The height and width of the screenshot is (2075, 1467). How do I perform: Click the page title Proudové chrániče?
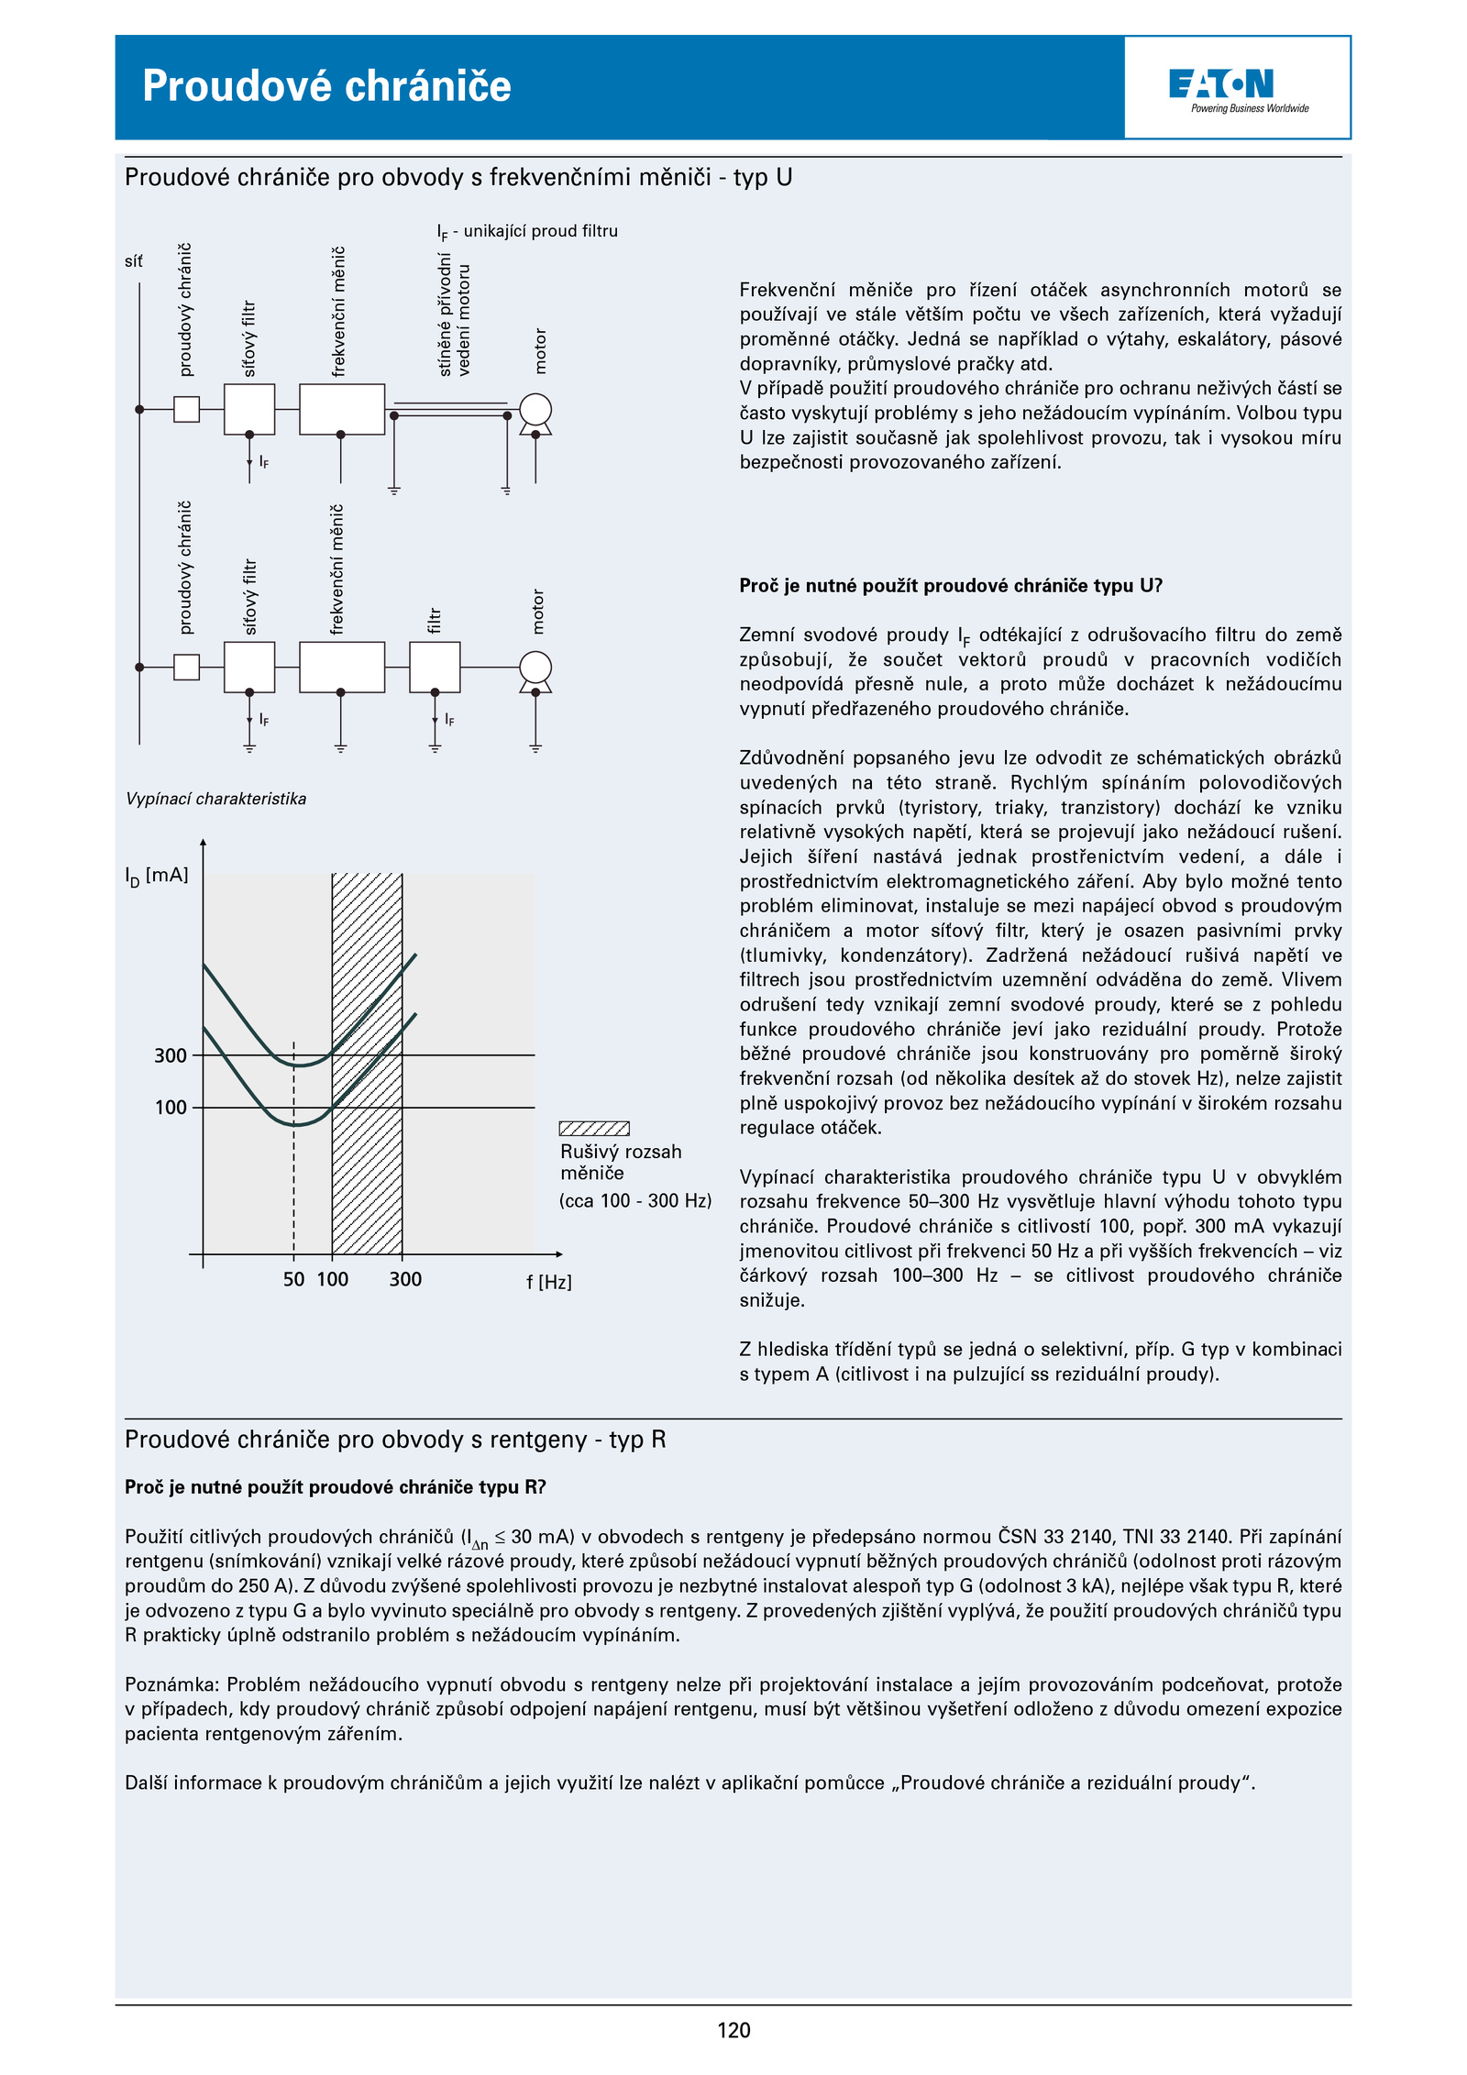(x=326, y=86)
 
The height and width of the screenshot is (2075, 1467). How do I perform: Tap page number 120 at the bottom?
(x=733, y=2030)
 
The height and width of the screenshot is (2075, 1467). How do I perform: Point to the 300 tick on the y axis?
(x=171, y=1055)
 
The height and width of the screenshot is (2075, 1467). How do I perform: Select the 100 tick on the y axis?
(x=171, y=1108)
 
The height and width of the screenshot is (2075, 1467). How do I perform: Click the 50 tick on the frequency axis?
(x=293, y=1279)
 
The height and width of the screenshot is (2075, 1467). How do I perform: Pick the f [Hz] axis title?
(x=548, y=1282)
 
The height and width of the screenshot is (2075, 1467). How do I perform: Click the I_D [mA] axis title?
(x=157, y=876)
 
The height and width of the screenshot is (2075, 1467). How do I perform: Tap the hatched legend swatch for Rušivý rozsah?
(x=594, y=1128)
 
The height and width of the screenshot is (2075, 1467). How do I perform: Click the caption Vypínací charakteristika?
(x=216, y=799)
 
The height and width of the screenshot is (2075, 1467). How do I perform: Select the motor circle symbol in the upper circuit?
(x=535, y=409)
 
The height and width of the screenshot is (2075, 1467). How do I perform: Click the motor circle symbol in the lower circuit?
(x=535, y=667)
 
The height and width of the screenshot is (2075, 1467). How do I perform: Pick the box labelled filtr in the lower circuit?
(x=435, y=667)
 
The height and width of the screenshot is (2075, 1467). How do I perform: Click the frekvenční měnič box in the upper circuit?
(x=341, y=409)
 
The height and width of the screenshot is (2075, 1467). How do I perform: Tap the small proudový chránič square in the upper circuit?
(x=186, y=409)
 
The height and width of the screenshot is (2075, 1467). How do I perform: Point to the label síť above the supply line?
(x=134, y=261)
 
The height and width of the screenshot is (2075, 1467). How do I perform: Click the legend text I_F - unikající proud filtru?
(x=527, y=231)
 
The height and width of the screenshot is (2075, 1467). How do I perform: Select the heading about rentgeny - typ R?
(x=395, y=1440)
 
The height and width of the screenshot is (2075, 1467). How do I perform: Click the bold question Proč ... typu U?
(x=951, y=586)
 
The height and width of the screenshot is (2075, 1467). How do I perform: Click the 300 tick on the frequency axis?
(x=405, y=1279)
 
